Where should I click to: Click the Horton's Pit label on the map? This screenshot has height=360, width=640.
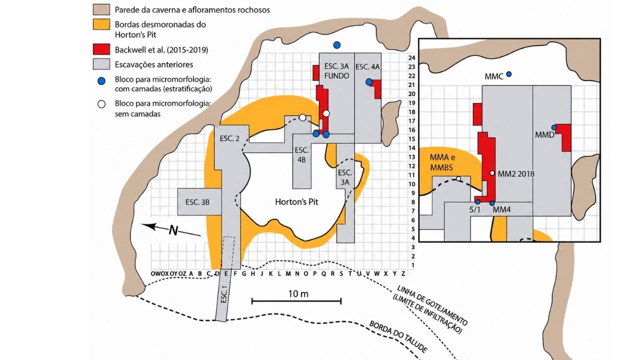click(x=296, y=202)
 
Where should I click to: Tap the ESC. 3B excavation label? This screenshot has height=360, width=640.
click(x=197, y=202)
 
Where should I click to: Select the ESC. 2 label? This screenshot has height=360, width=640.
click(x=229, y=138)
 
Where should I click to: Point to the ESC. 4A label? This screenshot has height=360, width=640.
click(x=367, y=67)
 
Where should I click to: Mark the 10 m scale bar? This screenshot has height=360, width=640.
click(x=296, y=301)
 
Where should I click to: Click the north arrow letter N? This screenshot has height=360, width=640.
click(x=173, y=230)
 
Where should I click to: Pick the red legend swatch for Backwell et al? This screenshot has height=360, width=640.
click(x=101, y=49)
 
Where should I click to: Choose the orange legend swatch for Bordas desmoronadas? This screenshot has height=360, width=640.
click(x=101, y=24)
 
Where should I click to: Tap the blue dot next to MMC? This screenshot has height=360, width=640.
click(x=509, y=74)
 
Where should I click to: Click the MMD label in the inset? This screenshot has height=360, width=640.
click(x=544, y=135)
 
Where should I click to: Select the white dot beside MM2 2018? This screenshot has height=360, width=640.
click(x=492, y=173)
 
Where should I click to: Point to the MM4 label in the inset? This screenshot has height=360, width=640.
click(x=501, y=209)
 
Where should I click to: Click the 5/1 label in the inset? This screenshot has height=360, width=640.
click(x=475, y=209)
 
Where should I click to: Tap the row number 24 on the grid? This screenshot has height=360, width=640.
click(x=411, y=57)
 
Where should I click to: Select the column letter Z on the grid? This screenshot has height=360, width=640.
click(x=403, y=273)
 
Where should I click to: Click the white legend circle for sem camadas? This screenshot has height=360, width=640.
click(x=101, y=104)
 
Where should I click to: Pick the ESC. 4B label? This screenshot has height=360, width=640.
click(x=301, y=155)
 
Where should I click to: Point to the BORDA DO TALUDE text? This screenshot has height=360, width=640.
click(x=398, y=337)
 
